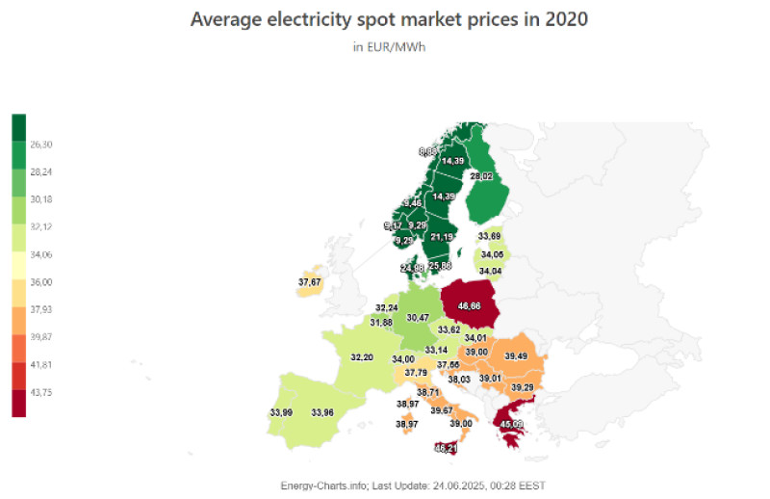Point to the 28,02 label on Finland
[481, 176]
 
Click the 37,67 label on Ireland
[310, 281]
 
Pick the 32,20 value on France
[362, 357]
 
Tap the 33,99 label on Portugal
[281, 412]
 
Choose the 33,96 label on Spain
[322, 412]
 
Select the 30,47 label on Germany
[418, 317]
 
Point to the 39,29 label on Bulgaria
[523, 387]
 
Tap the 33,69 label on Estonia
[490, 235]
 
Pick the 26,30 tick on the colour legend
[41, 144]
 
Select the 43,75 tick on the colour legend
[41, 392]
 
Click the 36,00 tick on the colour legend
[41, 282]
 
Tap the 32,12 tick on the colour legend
[41, 227]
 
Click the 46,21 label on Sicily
[446, 448]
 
